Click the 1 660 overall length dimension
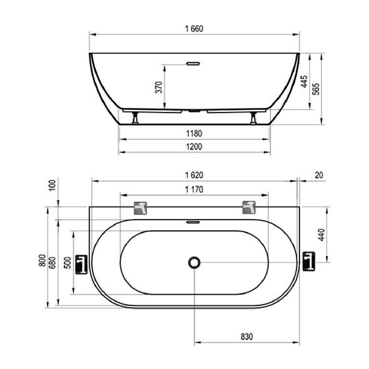pyautogui.click(x=194, y=29)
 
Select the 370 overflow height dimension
pyautogui.click(x=159, y=87)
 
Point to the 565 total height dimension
pyautogui.click(x=316, y=89)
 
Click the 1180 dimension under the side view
pyautogui.click(x=194, y=133)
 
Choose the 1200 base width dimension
pyautogui.click(x=194, y=147)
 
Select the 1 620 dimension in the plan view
pyautogui.click(x=194, y=175)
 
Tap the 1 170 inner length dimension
pyautogui.click(x=194, y=190)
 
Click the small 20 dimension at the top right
pyautogui.click(x=319, y=175)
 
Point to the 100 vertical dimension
pyautogui.click(x=52, y=185)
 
